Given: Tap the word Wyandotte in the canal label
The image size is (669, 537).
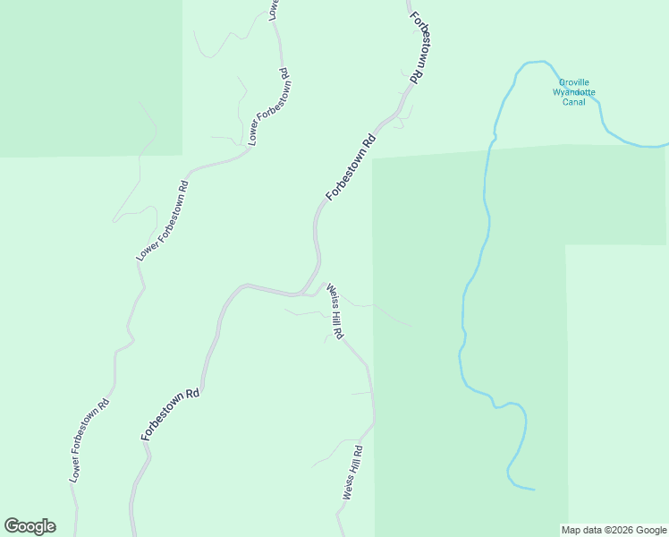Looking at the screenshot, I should (x=573, y=92).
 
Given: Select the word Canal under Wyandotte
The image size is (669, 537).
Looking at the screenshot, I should (x=573, y=102).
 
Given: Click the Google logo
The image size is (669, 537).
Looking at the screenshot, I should (x=30, y=526).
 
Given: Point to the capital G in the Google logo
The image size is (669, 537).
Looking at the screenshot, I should (x=11, y=526).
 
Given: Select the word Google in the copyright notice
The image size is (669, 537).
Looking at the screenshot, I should (x=651, y=530).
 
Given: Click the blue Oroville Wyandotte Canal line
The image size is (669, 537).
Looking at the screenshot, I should (x=486, y=206).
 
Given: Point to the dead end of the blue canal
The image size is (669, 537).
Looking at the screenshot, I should (x=534, y=490).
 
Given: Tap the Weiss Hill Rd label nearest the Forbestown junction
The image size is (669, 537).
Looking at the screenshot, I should (x=334, y=311).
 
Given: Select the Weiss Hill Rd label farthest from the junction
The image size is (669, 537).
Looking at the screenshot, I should (x=351, y=473).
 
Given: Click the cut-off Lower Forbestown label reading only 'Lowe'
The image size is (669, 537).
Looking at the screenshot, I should (x=274, y=9).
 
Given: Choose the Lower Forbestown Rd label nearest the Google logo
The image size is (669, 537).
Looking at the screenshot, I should (x=89, y=439).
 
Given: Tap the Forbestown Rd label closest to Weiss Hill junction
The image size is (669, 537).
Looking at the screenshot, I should (x=350, y=167).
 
